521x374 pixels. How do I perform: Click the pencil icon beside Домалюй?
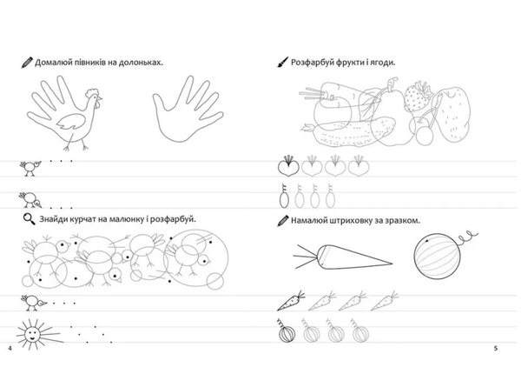27,63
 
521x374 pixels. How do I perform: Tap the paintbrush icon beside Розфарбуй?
283,62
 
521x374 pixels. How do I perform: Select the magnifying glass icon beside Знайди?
30,219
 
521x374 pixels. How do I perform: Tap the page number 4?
10,349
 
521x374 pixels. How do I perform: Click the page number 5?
496,349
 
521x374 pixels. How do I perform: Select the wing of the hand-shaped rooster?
72,122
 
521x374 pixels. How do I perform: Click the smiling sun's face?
31,333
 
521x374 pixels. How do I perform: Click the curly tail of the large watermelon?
469,237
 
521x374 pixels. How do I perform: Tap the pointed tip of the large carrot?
392,264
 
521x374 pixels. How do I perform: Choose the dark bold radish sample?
288,165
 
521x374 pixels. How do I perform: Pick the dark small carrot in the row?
291,301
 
